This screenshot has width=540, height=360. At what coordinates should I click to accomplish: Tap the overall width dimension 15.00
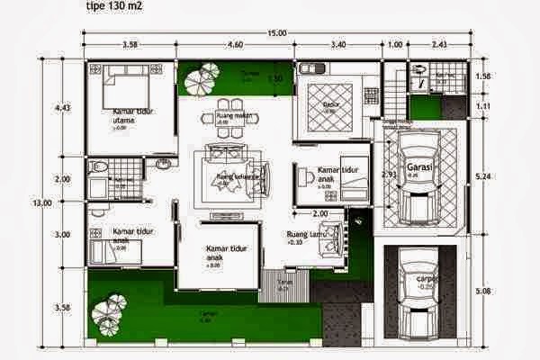276,32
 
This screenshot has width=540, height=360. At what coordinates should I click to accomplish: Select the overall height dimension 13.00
41,203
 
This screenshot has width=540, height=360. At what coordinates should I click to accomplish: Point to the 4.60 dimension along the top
236,44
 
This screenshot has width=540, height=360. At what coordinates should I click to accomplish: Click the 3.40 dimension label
337,44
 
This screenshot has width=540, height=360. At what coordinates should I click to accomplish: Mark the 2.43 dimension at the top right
439,44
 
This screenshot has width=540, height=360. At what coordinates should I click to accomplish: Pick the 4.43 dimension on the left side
62,108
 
